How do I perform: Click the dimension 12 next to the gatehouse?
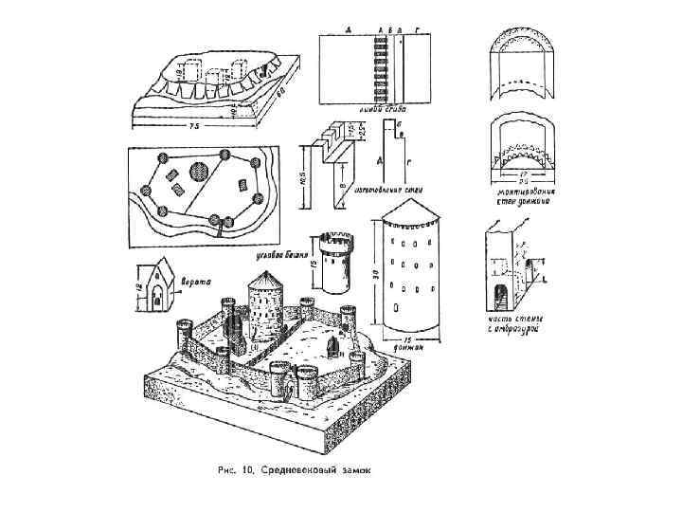(138, 285)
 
